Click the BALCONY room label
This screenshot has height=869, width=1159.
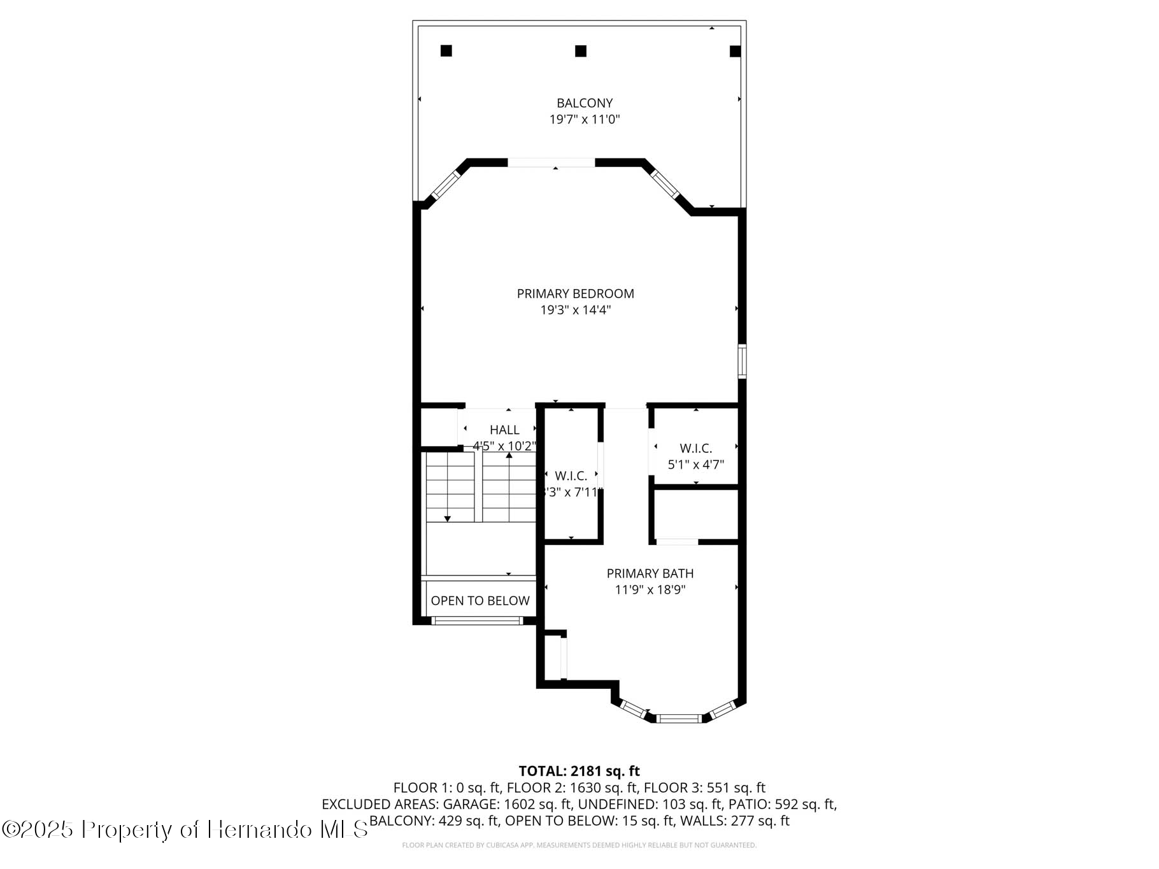tap(584, 103)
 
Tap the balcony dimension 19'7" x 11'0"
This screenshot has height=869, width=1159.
tap(584, 120)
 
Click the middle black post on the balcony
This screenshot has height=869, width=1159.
tap(580, 51)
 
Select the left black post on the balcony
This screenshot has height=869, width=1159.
tap(446, 51)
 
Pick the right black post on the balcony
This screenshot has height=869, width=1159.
tap(735, 52)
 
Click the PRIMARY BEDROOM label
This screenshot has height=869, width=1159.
tap(575, 294)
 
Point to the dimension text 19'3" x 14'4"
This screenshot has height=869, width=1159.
tap(575, 311)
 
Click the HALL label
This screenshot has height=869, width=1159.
tap(504, 430)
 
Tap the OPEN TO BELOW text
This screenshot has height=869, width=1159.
tap(480, 601)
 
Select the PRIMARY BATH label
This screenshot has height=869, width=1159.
tap(650, 574)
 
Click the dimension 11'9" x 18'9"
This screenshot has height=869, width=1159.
tap(650, 590)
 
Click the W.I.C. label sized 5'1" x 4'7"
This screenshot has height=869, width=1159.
tap(695, 449)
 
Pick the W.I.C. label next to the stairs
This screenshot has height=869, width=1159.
tap(571, 476)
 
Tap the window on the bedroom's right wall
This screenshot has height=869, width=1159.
tap(742, 362)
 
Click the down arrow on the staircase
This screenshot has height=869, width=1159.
tap(447, 519)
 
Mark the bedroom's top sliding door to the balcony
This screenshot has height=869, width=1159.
tap(551, 163)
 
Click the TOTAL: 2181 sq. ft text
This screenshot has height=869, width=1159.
tap(579, 772)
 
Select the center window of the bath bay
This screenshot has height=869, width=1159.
tap(679, 719)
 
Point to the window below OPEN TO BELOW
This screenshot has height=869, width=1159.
tap(477, 621)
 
